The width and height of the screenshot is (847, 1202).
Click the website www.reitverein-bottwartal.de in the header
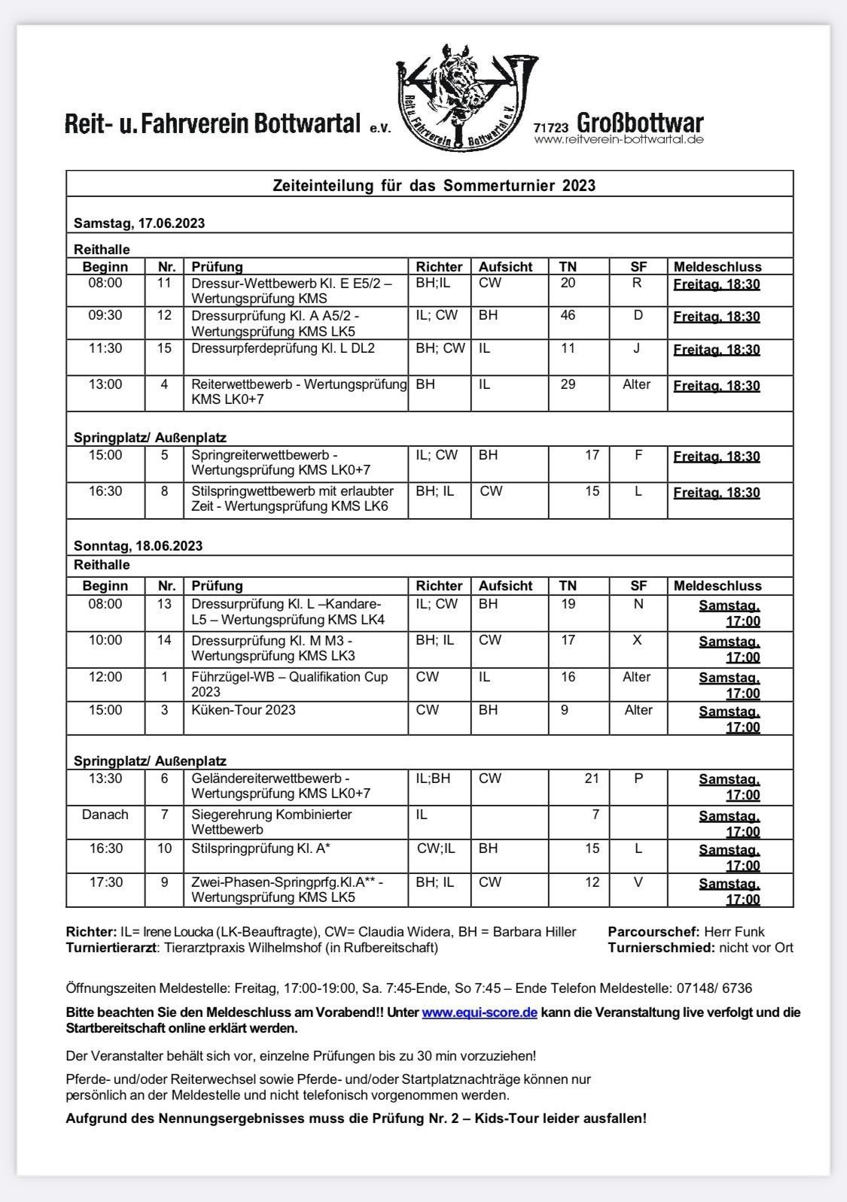pos(619,140)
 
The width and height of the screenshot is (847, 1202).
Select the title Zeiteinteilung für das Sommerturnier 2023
pos(434,185)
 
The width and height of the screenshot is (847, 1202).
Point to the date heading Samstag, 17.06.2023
pos(139,223)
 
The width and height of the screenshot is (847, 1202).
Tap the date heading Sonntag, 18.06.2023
pos(138,546)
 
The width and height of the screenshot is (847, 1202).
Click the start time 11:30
pos(105,348)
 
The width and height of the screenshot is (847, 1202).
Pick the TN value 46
pos(568,315)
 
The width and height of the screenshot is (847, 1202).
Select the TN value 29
pos(568,384)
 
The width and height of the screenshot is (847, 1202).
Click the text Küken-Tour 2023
pos(243,710)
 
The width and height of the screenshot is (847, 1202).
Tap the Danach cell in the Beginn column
pos(105,815)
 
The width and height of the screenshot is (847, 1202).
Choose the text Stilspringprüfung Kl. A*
pos(261,848)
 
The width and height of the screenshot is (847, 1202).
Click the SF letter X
pos(638,640)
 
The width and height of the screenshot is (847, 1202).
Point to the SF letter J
pos(638,348)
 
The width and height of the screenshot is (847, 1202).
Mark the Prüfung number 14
pos(164,640)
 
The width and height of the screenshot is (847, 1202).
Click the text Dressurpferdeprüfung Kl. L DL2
pos(283,348)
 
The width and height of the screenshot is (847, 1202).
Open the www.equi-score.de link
pos(480,1012)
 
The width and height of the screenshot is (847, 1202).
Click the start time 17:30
pos(105,882)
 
